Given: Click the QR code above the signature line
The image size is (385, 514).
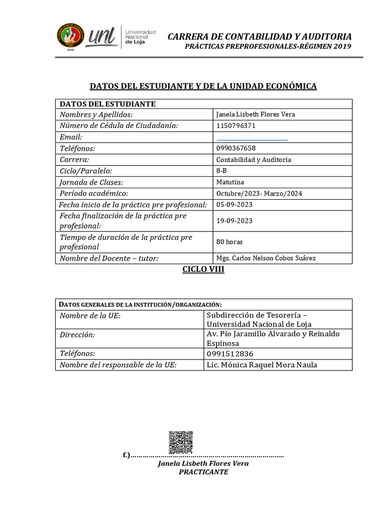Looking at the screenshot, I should (180, 442).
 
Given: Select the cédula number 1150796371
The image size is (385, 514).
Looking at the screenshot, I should (236, 125).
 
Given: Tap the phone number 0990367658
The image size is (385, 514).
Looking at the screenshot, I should (236, 149).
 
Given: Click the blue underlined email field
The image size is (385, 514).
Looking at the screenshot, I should (252, 138).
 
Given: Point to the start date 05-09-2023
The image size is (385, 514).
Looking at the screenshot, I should (234, 205).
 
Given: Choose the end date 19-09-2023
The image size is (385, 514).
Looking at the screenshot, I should (234, 221).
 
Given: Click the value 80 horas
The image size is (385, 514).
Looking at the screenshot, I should (229, 242).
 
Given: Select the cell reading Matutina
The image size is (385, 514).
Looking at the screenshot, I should (230, 182).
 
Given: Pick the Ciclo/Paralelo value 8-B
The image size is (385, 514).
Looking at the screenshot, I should (221, 171).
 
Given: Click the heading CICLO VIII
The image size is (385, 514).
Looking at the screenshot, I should (203, 270).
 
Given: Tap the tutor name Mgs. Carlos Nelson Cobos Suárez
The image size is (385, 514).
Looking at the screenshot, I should (266, 259).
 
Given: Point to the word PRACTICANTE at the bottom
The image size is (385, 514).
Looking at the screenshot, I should (203, 472).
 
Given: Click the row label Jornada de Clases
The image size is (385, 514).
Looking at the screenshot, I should (91, 182).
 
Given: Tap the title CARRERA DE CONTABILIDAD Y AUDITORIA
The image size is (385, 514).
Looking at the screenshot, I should (259, 37).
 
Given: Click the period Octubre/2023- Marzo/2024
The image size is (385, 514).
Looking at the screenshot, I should (259, 194).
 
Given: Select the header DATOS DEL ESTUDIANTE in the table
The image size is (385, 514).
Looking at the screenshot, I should (108, 104).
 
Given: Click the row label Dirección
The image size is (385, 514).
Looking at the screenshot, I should (77, 335).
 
